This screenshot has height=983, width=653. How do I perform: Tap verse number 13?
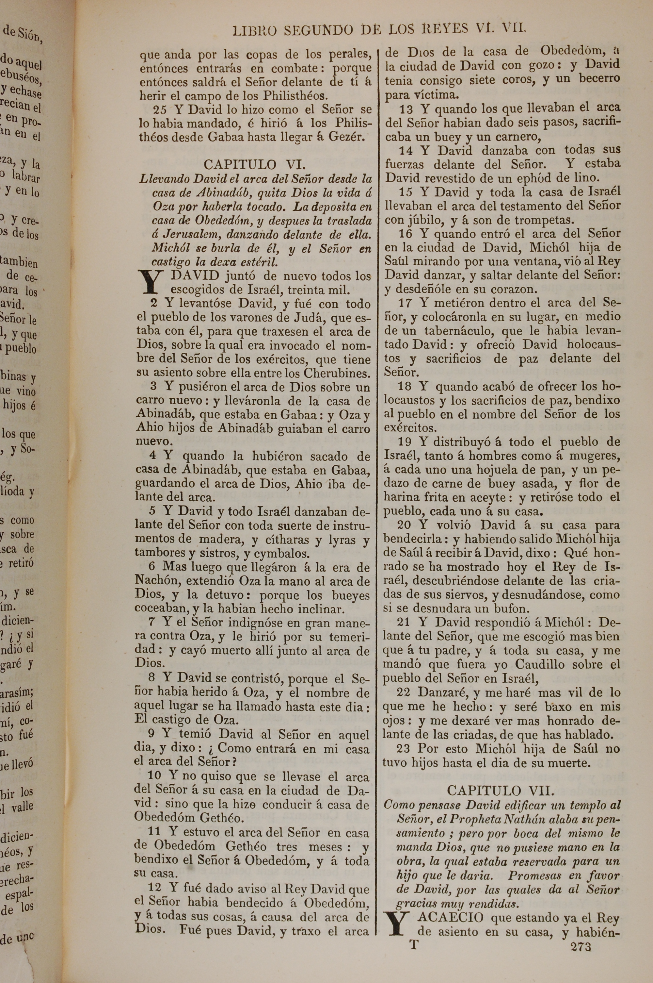coord(406,109)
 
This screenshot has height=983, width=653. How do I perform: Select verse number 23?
coord(403,748)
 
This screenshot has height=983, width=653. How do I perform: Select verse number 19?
coord(405,442)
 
